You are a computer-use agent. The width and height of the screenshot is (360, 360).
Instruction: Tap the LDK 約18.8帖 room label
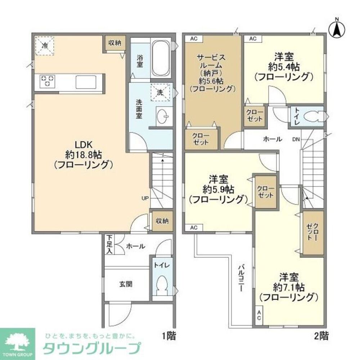pyautogui.click(x=84, y=154)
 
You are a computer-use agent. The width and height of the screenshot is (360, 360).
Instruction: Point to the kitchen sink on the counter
pyautogui.click(x=86, y=81)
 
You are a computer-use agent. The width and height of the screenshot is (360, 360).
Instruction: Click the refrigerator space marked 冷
pyautogui.click(x=45, y=46)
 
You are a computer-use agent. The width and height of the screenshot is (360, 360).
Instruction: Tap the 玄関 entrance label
pyautogui.click(x=126, y=284)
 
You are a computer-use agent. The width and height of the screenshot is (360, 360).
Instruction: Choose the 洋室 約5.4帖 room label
pyautogui.click(x=283, y=66)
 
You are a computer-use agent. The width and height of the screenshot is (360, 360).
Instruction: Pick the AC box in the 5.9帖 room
pyautogui.click(x=194, y=228)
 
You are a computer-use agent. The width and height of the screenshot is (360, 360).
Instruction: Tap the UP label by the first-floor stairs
pyautogui.click(x=145, y=198)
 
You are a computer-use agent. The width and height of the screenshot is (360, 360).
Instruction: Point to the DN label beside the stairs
pyautogui.click(x=296, y=139)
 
